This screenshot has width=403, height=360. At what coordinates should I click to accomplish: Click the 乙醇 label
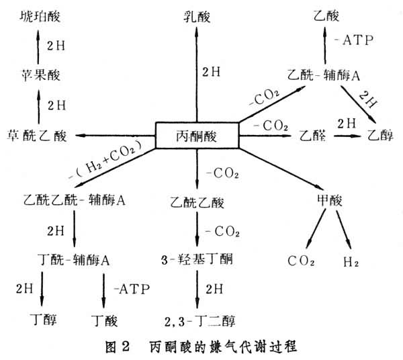click(x=378, y=136)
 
